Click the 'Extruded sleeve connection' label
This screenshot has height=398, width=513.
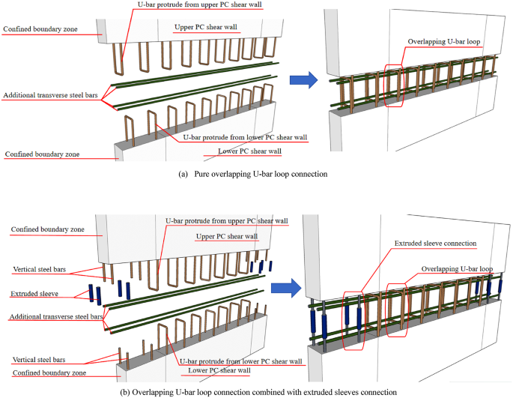point(435,243)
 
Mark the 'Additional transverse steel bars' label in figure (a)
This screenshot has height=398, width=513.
point(51,96)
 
